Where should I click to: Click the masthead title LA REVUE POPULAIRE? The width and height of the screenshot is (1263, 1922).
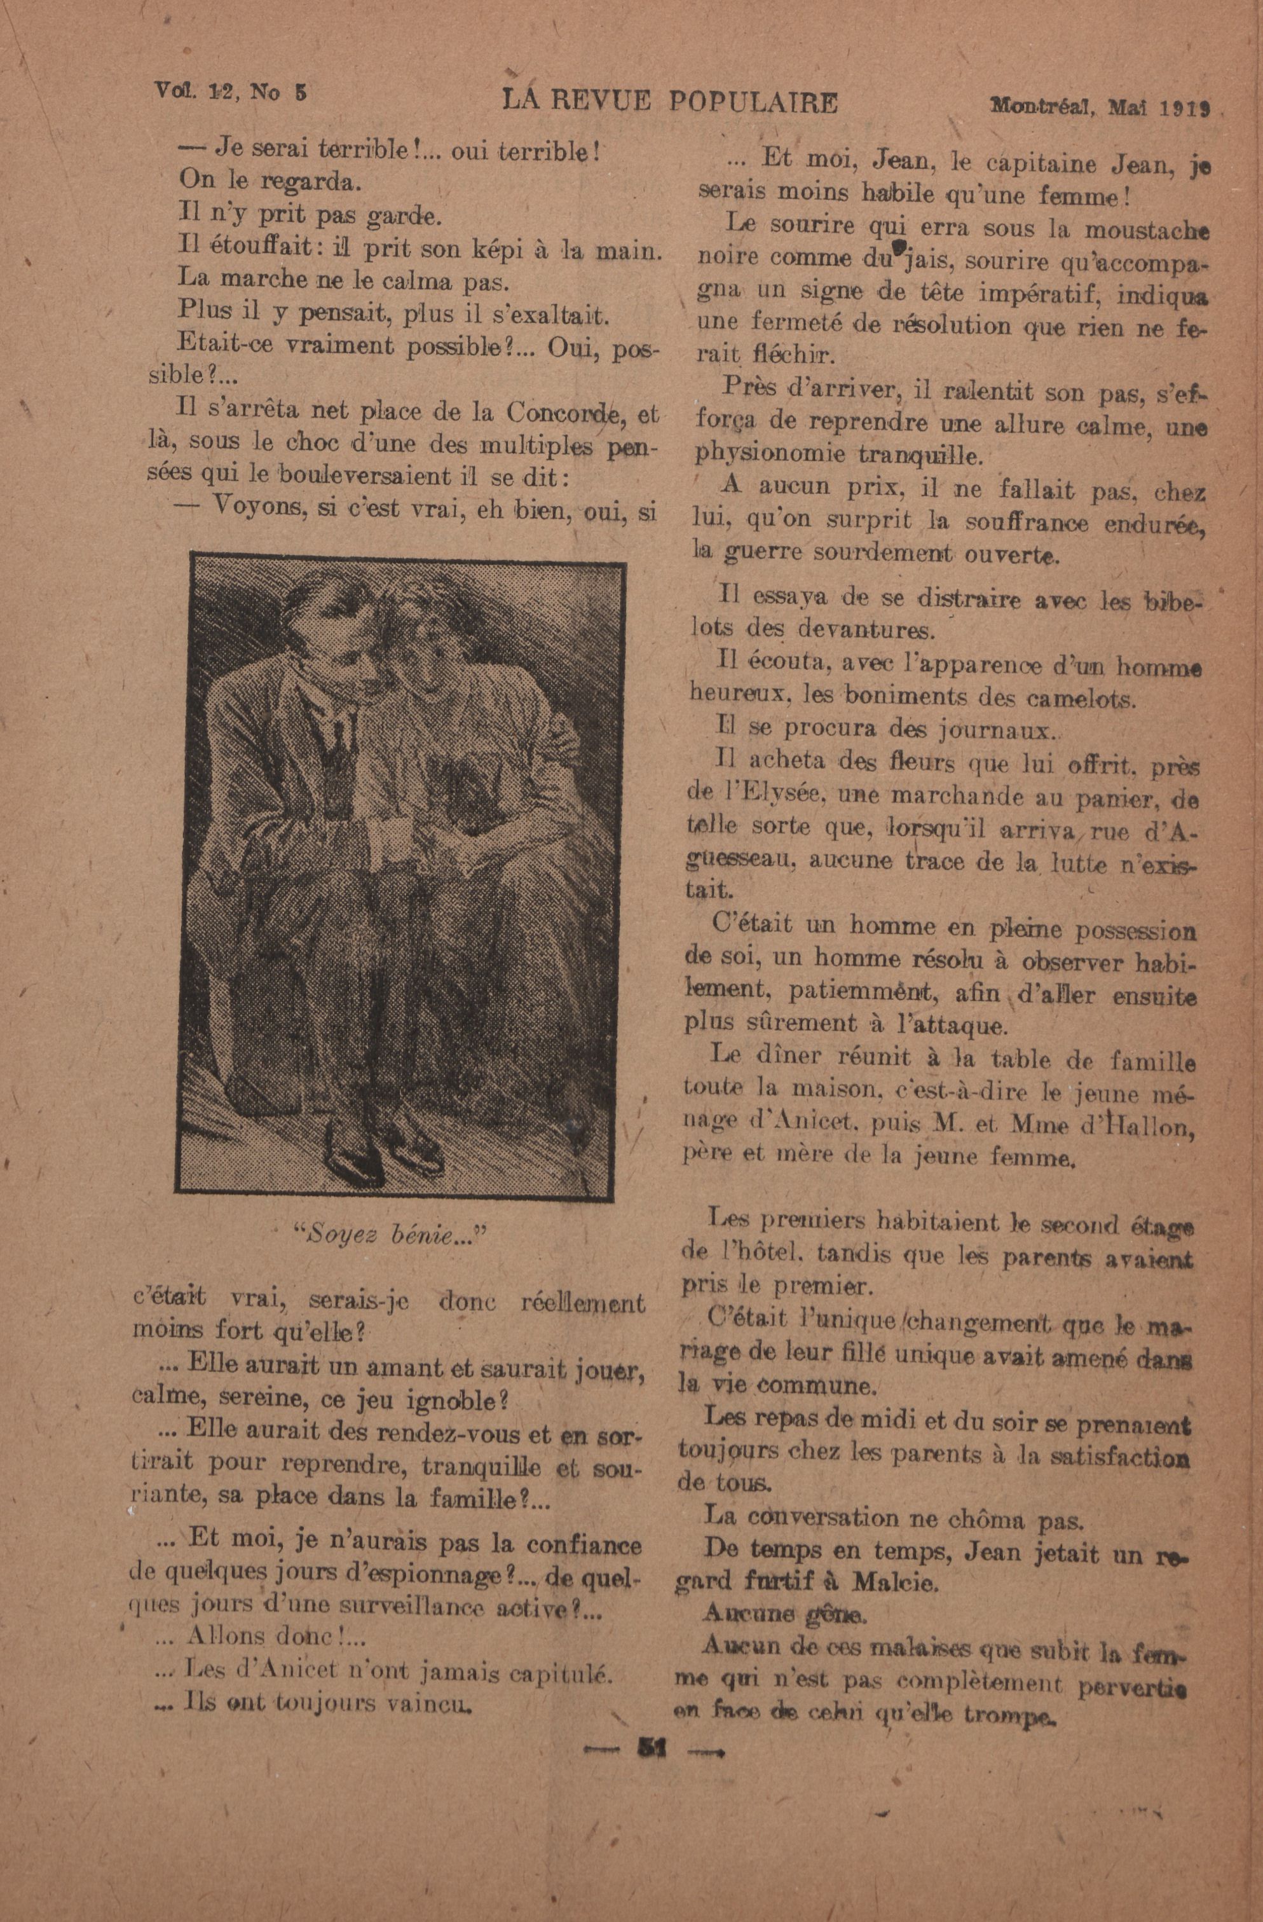click(x=669, y=102)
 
